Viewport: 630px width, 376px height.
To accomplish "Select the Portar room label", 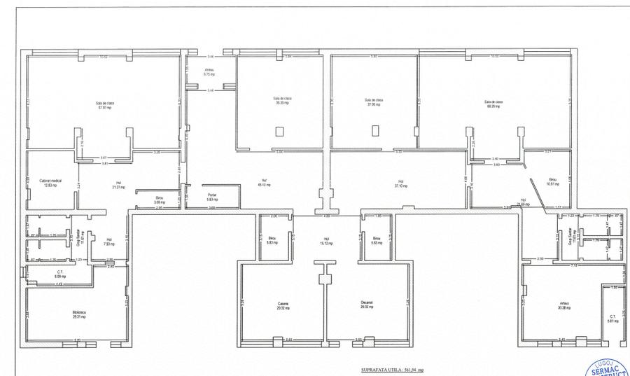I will [x=212, y=197].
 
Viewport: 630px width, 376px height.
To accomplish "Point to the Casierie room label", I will [x=283, y=305].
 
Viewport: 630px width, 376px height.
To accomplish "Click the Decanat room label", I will [x=367, y=305].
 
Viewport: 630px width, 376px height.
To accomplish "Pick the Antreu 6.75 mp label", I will [x=209, y=72].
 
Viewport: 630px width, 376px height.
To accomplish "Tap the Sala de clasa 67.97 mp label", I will [x=105, y=106].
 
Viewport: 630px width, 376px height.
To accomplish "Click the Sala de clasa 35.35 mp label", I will [x=283, y=101].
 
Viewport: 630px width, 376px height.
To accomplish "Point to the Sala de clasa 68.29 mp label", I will [x=494, y=104].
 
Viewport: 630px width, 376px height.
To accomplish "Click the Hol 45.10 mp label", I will [x=265, y=183].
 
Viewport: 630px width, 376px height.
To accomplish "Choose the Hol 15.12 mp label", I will [x=325, y=242].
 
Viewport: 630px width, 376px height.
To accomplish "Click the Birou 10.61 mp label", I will [x=552, y=182].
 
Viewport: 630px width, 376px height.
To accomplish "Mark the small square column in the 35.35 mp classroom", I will [x=279, y=131].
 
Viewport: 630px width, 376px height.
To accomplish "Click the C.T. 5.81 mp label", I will [x=612, y=319].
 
